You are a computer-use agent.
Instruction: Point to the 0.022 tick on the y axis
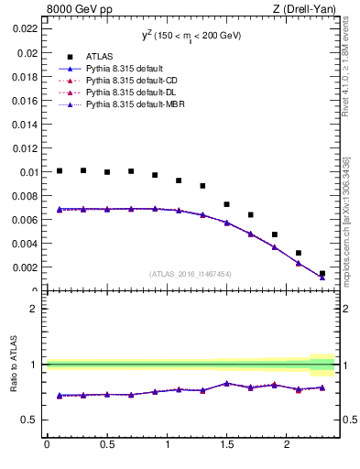(24, 28)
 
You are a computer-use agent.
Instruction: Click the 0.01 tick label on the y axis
(27, 172)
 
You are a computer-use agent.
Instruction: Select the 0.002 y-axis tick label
(24, 267)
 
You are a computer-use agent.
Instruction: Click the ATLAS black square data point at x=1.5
(227, 204)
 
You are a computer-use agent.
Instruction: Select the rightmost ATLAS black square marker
(322, 273)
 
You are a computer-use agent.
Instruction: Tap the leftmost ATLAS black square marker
(60, 170)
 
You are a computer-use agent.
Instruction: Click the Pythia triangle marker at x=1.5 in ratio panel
(227, 383)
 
